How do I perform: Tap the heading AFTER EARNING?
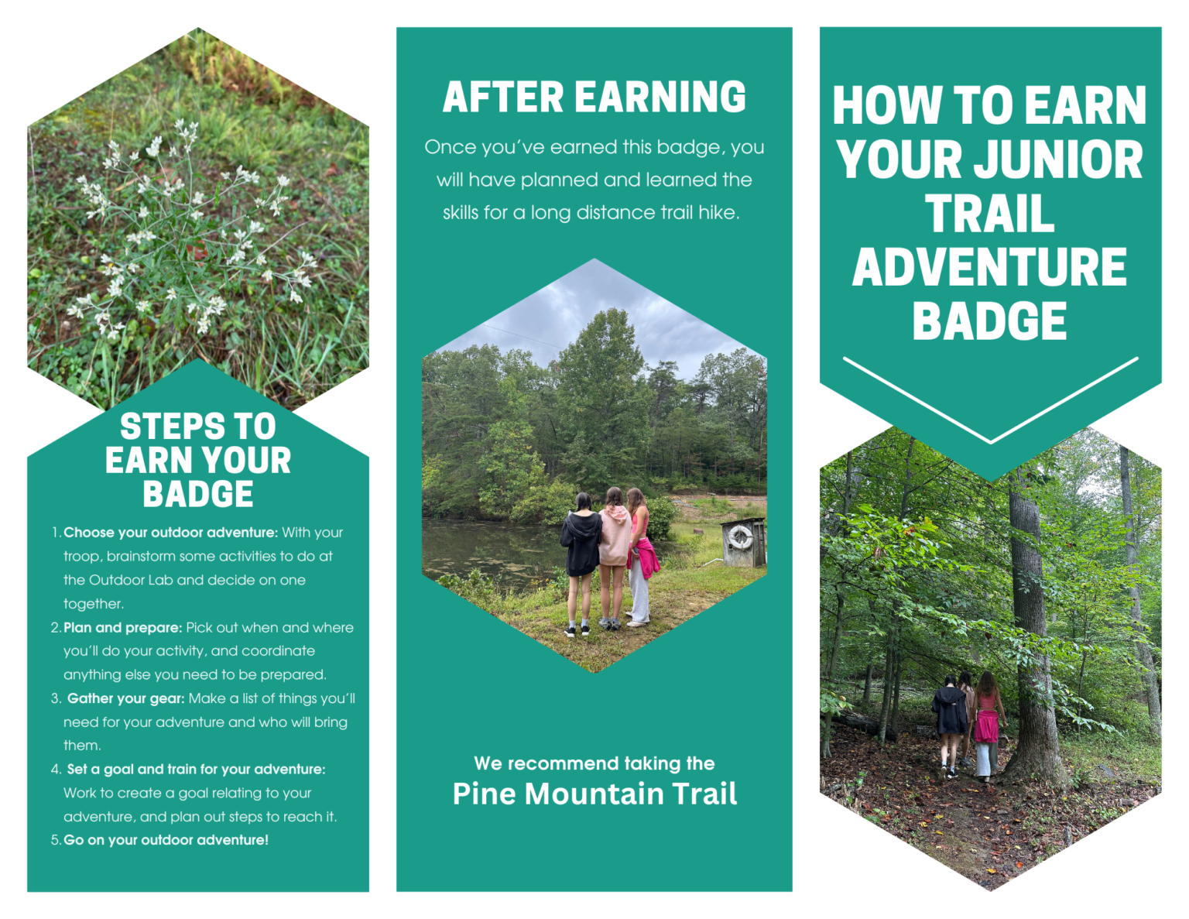pos(594,98)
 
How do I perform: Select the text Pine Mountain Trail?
pos(594,794)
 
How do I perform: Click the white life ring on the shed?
pos(740,536)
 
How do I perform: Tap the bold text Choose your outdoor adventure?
pos(170,533)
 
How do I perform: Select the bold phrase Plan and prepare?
pos(122,628)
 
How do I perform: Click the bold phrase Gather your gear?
pos(125,698)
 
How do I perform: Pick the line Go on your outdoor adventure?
pos(166,840)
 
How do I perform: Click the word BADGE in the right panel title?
pos(989,321)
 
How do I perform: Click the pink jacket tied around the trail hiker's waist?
pos(985,726)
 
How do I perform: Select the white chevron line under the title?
pos(990,401)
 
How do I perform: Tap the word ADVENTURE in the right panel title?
pos(989,267)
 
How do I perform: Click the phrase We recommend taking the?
pos(594,763)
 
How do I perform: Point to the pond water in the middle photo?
pos(480,550)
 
